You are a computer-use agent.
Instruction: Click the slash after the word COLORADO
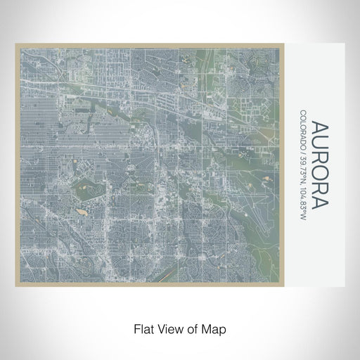point(302,148)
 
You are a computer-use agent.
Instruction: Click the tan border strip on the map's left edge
point(18,162)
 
